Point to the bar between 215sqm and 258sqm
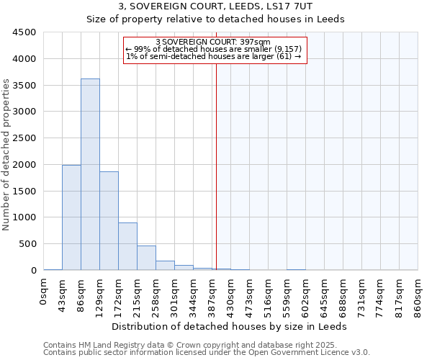(146, 258)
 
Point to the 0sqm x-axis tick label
(44, 293)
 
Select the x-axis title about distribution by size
(230, 326)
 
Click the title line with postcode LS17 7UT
(216, 6)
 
